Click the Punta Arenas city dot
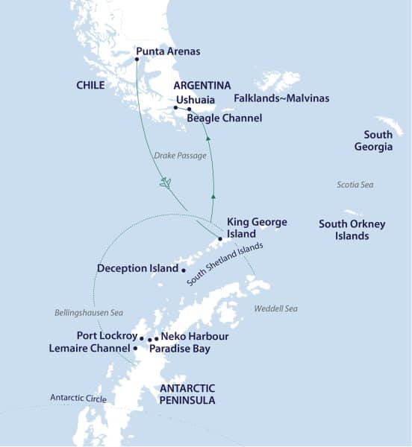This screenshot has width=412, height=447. pos(137,60)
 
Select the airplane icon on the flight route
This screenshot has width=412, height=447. pos(166,182)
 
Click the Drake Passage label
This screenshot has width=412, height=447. pos(180,156)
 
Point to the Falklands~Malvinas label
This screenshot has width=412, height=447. pos(281,98)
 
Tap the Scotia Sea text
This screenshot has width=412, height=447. pos(355,185)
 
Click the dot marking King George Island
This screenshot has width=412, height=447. pos(219,239)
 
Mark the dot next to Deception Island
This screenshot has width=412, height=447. pos(183,269)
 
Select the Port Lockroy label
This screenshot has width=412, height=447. pos(107,336)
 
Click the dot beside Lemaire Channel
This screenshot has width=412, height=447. pos(135,348)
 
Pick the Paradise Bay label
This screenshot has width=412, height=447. pos(180,349)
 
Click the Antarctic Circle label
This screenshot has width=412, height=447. pos(78,399)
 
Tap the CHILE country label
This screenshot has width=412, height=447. pos(90,86)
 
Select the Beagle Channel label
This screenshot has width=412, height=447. pos(225,118)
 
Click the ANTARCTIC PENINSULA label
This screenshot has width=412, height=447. pos(187,394)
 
